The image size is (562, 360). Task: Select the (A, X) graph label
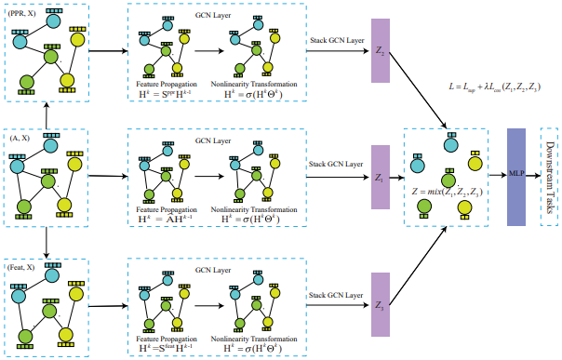click(x=21, y=138)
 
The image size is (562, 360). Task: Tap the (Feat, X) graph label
click(x=22, y=267)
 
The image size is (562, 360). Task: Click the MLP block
click(x=516, y=171)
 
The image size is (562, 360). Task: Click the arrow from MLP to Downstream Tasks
click(x=533, y=172)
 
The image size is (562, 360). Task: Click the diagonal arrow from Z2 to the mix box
click(x=419, y=97)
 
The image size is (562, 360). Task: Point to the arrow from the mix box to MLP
click(x=497, y=172)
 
